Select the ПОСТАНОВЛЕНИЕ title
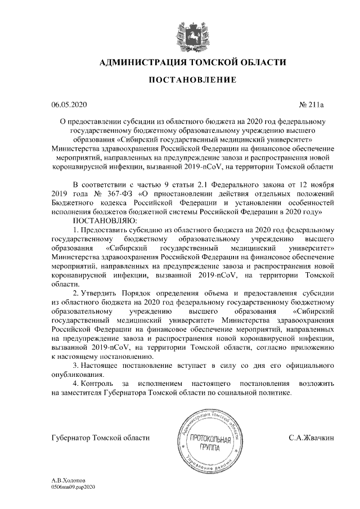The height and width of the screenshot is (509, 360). pos(192,81)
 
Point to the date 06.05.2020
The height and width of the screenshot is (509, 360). pos(69,105)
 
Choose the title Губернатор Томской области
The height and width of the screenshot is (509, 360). pos(100,437)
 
